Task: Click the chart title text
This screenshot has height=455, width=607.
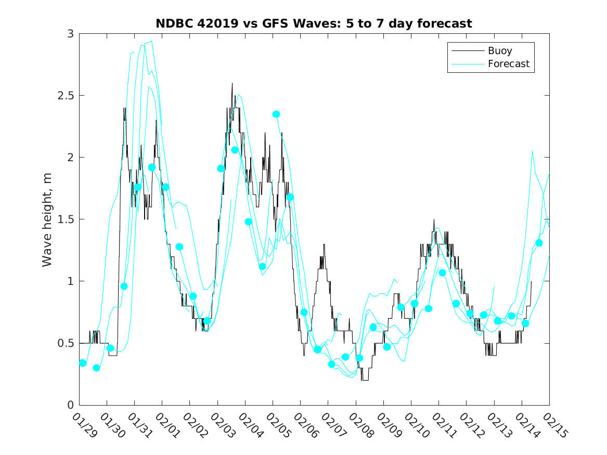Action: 314,24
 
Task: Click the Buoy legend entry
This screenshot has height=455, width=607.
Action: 499,51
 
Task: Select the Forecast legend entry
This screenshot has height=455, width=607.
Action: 508,64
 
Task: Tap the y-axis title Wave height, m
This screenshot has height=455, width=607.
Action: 47,219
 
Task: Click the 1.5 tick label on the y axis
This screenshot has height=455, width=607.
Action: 68,219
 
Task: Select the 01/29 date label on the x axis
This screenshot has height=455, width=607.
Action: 84,425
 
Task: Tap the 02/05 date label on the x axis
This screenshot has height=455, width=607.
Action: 277,425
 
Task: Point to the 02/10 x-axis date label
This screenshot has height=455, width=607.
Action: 416,425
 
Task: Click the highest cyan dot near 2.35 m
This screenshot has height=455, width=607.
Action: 276,114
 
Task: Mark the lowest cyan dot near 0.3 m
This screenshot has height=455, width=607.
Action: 96,368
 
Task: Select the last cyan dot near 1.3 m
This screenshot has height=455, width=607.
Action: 539,243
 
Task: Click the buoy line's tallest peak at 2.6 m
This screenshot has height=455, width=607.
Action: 232,83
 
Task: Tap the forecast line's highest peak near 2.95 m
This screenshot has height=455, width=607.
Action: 151,41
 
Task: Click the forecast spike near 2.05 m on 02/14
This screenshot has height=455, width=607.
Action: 532,151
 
